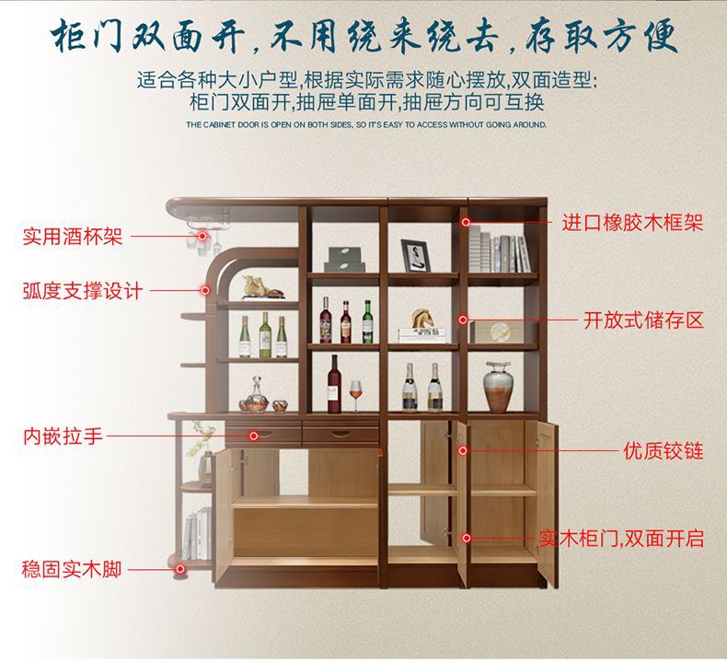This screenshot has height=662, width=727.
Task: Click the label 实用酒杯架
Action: pos(72,238)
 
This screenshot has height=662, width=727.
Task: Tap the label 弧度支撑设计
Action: pos(82,291)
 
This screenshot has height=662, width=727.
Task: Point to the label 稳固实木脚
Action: pos(72,569)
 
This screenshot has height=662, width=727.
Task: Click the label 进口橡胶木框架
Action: pos(632,222)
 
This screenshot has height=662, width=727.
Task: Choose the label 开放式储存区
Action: pos(643,320)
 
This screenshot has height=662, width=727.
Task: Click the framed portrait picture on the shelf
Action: pos(415,255)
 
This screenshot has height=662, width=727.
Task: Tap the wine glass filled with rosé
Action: pos(356,397)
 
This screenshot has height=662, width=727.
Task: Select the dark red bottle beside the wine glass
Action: pos(335,383)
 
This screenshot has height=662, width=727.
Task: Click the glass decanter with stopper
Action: pos(253,399)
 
